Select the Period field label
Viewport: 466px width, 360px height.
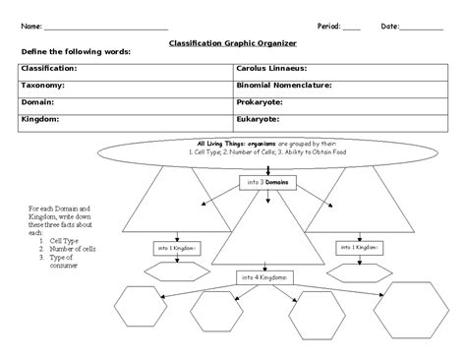coord(327,25)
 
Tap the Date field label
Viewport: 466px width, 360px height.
coord(390,25)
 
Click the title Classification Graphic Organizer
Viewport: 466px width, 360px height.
coord(233,44)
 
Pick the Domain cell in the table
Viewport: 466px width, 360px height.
coord(38,101)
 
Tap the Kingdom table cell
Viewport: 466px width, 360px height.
coord(40,118)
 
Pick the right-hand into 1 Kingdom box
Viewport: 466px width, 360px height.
coord(360,247)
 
